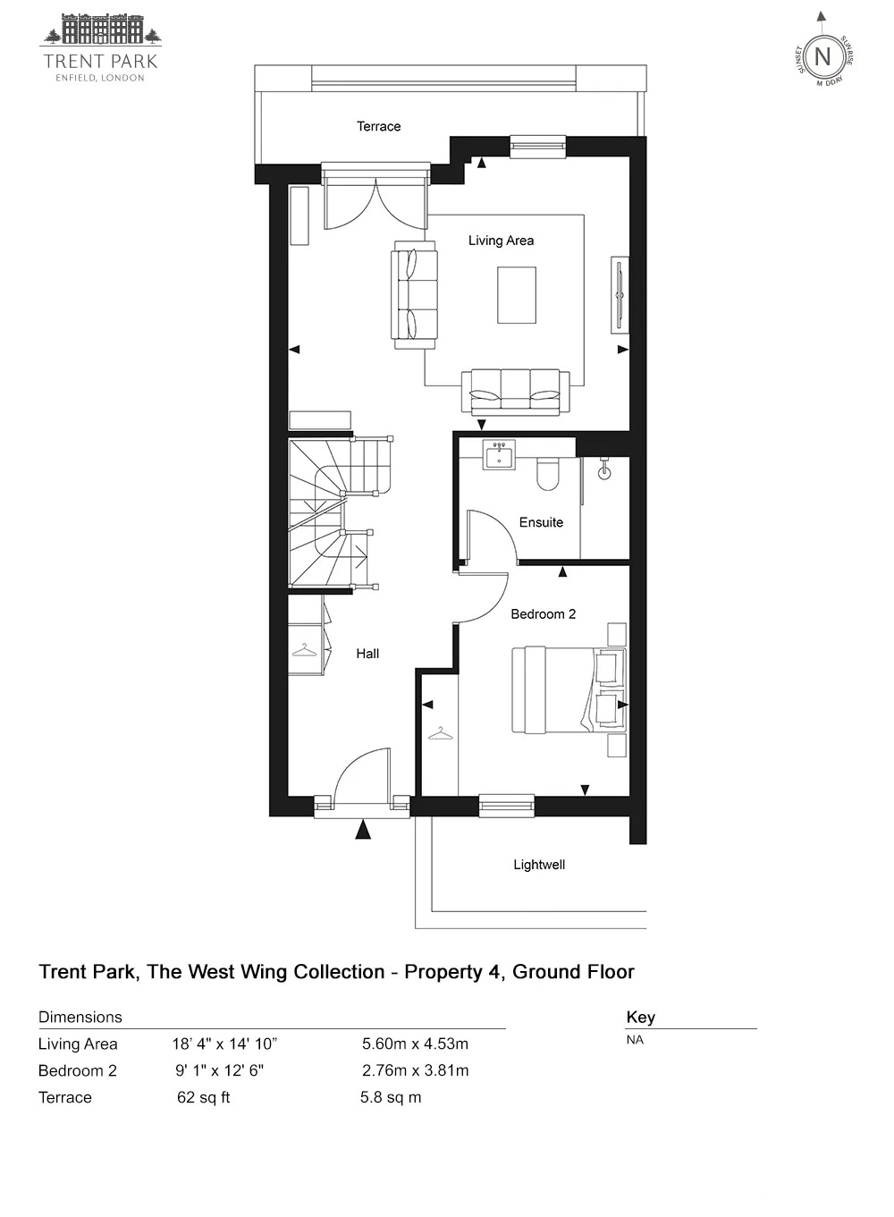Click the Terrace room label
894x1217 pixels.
[x=378, y=126]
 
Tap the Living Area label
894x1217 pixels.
[x=501, y=241]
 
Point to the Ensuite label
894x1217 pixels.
[x=541, y=522]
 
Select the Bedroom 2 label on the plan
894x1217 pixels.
[x=544, y=614]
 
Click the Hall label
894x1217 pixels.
[x=367, y=654]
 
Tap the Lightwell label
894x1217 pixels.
[x=539, y=865]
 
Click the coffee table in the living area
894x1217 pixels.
[x=517, y=295]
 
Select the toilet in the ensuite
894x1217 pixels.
[x=547, y=473]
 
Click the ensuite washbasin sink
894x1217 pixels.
[x=498, y=454]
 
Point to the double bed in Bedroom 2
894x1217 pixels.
[x=569, y=689]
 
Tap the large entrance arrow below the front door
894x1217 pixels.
[x=363, y=830]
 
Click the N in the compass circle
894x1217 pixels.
[x=822, y=56]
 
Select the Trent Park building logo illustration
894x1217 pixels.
[x=101, y=30]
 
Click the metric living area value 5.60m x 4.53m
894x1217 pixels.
[x=415, y=1044]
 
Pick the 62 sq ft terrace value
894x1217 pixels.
[x=204, y=1097]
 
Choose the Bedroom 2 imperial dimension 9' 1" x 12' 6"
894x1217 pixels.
[x=219, y=1070]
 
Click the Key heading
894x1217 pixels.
[x=640, y=1017]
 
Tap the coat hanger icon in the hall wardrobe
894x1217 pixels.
[x=304, y=650]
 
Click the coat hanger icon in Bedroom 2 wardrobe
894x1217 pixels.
[x=441, y=734]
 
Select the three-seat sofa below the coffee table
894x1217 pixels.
[x=516, y=393]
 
